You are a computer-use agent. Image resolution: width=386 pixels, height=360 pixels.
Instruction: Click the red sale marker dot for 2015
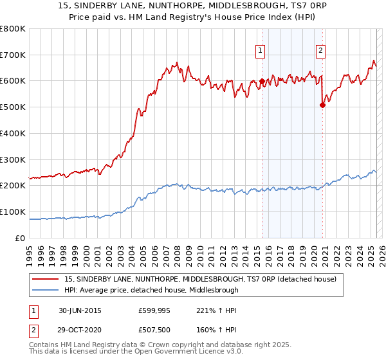(x=262, y=82)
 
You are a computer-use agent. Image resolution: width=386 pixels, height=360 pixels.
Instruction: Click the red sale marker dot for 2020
(x=322, y=106)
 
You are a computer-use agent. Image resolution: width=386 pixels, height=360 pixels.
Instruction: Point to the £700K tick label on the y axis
(x=13, y=55)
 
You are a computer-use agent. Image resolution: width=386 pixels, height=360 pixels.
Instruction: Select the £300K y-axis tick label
(x=13, y=159)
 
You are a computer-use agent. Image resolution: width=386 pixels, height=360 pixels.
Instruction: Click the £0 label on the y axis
(x=20, y=238)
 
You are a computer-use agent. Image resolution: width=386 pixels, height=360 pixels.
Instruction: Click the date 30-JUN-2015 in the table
(x=80, y=310)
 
